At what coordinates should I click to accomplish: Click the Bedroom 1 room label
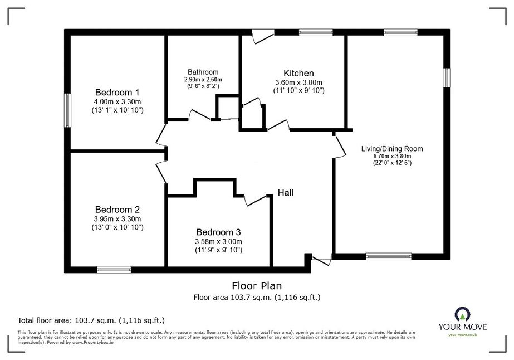pos(118,92)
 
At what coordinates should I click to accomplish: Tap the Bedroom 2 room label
pos(118,210)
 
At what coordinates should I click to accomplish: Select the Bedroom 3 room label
pos(218,232)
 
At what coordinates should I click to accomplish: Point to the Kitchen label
pos(298,73)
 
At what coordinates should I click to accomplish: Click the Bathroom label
pos(203,72)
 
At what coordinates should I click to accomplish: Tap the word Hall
pos(286,193)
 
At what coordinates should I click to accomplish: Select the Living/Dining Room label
pos(392,149)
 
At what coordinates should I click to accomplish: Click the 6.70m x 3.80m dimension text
pos(392,156)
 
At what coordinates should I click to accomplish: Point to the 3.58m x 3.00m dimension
pos(218,242)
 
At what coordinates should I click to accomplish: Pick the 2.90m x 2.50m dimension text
pos(203,80)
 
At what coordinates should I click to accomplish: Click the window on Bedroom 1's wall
pos(67,110)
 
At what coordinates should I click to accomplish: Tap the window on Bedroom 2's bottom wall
pos(114,270)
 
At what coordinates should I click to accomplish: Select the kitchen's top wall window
pos(316,32)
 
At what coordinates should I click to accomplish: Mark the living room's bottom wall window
pos(389,256)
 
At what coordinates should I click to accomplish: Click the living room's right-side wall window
pos(447,78)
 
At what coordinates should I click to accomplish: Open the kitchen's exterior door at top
pos(263,36)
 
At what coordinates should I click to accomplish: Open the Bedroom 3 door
pos(256,200)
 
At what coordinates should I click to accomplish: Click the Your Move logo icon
pos(463,314)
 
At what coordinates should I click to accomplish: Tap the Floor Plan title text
pos(257,286)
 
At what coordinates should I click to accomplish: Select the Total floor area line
pos(91,320)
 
